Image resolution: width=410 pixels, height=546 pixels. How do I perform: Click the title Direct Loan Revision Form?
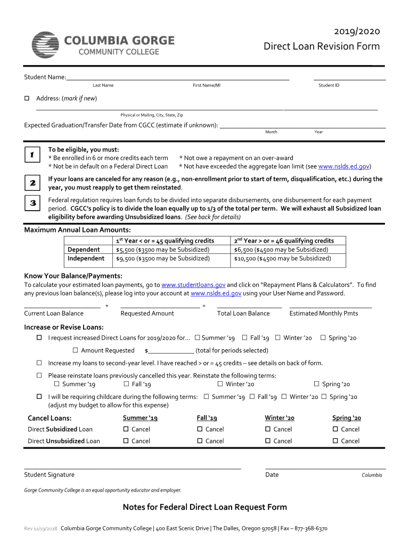point(322,46)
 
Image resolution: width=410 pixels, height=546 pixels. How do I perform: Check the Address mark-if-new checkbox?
point(27,98)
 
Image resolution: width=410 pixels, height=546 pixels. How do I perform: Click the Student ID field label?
point(329,85)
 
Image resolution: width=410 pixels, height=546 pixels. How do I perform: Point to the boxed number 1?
point(32,155)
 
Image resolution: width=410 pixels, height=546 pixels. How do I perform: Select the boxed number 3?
point(32,203)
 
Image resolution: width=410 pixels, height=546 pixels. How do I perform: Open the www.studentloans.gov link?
point(193,285)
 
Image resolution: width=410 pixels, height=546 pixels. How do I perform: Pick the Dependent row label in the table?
point(84,250)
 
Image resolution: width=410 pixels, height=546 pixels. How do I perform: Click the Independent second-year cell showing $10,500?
point(282,259)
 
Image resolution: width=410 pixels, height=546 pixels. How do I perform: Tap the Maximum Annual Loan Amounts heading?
point(78,230)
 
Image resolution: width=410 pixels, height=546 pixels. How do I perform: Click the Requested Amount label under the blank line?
point(147,314)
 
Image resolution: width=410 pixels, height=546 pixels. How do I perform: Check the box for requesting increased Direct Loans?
point(39,338)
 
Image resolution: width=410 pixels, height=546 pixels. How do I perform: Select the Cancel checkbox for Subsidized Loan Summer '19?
point(126,429)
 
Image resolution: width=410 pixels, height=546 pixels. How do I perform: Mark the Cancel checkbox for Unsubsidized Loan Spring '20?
point(335,441)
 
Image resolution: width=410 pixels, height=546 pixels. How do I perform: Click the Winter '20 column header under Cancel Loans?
point(279,418)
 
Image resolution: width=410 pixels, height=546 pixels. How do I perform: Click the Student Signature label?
point(49,475)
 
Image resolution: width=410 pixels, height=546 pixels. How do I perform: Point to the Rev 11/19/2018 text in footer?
point(41,529)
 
